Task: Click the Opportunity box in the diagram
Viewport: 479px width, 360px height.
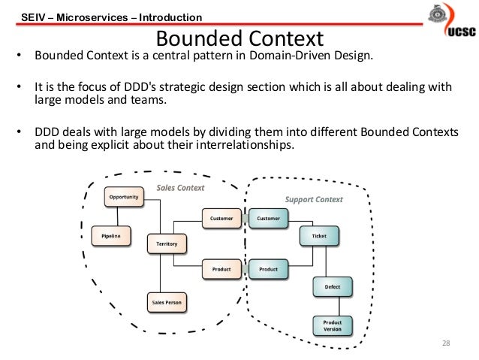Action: [123, 197]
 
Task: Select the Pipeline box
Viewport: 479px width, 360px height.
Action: [110, 236]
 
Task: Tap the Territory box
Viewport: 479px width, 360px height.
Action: [167, 244]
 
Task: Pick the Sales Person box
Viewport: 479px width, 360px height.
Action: [167, 303]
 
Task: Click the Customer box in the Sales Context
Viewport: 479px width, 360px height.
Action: [221, 219]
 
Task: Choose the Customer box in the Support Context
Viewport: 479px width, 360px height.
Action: [268, 219]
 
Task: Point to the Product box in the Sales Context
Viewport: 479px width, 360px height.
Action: [221, 269]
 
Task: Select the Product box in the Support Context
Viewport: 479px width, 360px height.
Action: [268, 269]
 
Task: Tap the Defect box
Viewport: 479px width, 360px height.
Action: [332, 287]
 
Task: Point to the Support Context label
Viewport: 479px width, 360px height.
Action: [314, 199]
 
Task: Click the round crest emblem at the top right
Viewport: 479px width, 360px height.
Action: [435, 17]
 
